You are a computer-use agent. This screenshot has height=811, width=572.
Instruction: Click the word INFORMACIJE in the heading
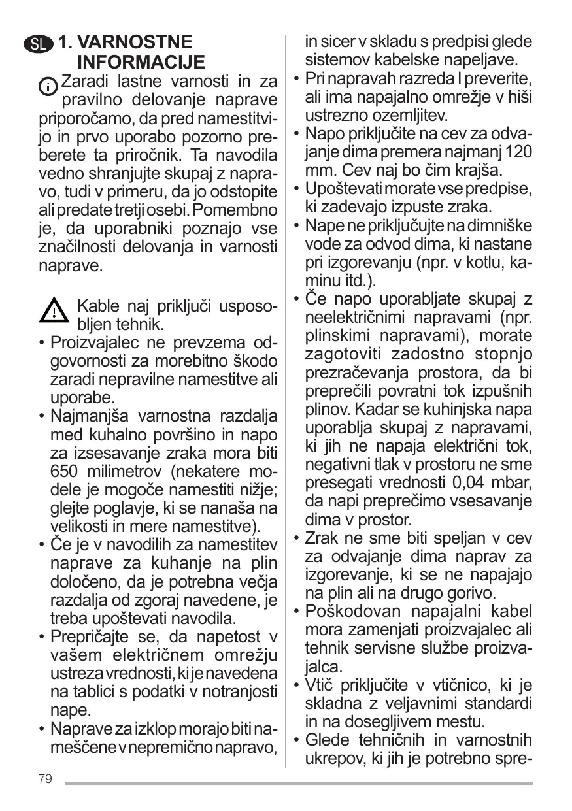click(141, 63)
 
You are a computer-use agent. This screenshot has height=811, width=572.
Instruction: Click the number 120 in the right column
click(518, 152)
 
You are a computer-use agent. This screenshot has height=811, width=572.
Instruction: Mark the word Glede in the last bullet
click(327, 740)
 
